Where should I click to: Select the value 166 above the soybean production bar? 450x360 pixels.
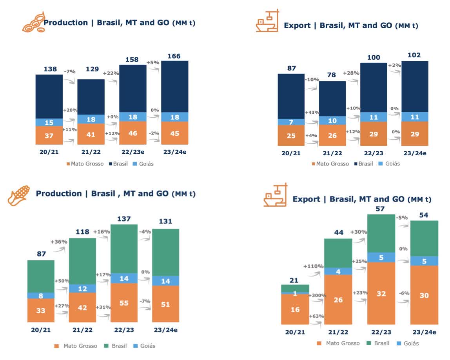coord(174,56)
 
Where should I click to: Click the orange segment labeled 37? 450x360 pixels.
coord(49,135)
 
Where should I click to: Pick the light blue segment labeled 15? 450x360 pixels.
coord(49,122)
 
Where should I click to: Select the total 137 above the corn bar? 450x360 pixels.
coord(124,219)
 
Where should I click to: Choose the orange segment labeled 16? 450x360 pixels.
coord(295,309)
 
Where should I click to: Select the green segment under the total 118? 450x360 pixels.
coord(82,261)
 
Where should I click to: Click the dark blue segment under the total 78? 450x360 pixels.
coord(332,98)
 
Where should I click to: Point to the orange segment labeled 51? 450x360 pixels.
coord(165,304)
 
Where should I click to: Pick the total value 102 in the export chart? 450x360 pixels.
coord(414,55)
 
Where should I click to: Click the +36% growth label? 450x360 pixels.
coord(59,242)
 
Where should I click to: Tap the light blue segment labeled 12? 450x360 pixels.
coord(82,288)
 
